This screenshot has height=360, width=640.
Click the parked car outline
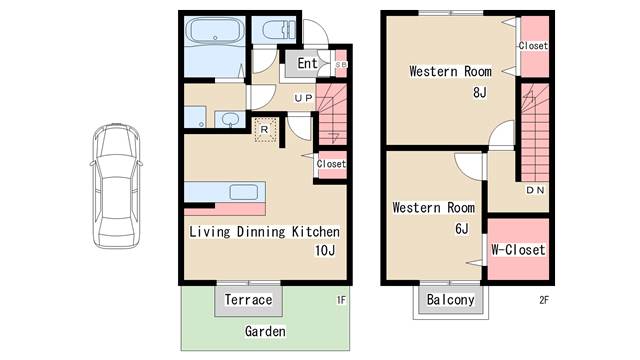coord(116,186)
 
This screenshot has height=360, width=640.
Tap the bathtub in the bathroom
coord(215,31)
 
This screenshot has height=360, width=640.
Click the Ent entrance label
coord(307,63)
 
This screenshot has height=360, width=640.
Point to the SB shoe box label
coord(341,64)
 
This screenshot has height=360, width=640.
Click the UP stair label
coord(303,98)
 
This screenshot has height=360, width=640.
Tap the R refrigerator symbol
coord(265,130)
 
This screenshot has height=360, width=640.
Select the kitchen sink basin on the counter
coord(243,192)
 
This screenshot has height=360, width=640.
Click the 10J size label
coord(325,250)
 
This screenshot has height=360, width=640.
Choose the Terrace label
coord(248,300)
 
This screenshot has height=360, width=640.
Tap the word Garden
coord(265,331)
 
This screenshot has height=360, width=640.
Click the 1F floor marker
coord(341,300)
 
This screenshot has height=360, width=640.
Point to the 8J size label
coord(480,92)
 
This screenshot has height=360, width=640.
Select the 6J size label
coord(462,228)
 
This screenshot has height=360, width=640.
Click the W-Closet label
coord(518,249)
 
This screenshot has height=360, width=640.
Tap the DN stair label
coord(535,190)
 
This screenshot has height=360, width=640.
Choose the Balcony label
coord(451,300)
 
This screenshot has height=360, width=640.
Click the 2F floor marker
coord(544,300)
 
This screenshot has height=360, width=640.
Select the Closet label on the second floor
coord(533,46)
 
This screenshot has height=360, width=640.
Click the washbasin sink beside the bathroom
coord(231,119)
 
